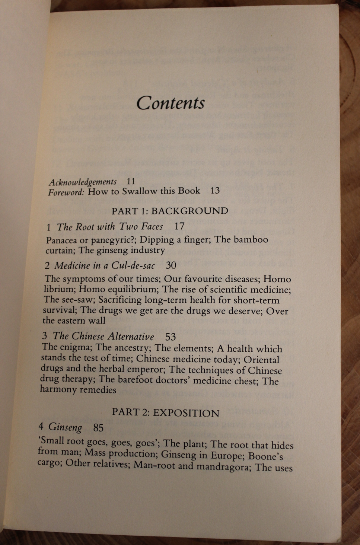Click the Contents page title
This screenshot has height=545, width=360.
[x=171, y=103]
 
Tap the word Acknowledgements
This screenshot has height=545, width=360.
[x=83, y=182]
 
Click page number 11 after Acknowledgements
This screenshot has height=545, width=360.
[x=131, y=181]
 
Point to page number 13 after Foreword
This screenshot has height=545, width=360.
[x=215, y=191]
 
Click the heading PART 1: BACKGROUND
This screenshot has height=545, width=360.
[x=170, y=211]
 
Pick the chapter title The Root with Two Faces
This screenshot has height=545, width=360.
[x=110, y=226]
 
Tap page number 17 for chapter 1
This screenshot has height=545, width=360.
[x=179, y=226]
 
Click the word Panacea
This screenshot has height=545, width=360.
[x=63, y=240]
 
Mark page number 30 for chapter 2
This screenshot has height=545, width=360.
[x=171, y=265]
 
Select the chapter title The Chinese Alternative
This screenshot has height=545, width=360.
[x=103, y=336]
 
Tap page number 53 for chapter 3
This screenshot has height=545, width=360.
[x=171, y=337]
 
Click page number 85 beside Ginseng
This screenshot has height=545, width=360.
[x=98, y=427]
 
